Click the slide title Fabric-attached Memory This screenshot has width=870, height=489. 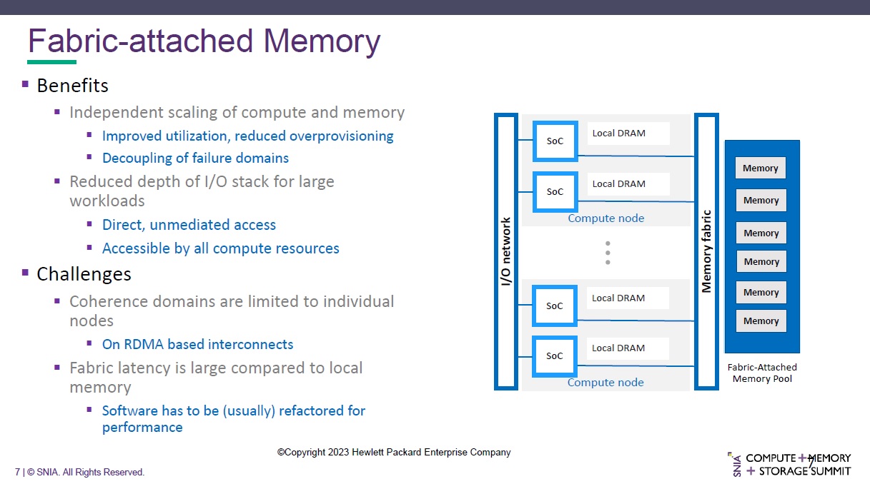pyautogui.click(x=204, y=41)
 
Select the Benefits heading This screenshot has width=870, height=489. pyautogui.click(x=72, y=86)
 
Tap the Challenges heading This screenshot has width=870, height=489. pyautogui.click(x=84, y=274)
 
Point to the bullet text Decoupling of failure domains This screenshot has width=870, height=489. pyautogui.click(x=195, y=158)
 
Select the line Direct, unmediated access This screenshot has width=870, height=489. pyautogui.click(x=189, y=225)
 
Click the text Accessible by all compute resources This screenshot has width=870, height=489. pyautogui.click(x=220, y=248)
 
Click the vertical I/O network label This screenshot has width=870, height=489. pyautogui.click(x=505, y=251)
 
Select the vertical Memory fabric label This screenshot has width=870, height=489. pyautogui.click(x=706, y=251)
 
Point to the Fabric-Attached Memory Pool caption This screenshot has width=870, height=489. pyautogui.click(x=762, y=373)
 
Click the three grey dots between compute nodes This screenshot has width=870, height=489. pyautogui.click(x=608, y=253)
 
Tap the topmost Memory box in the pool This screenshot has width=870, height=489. pyautogui.click(x=760, y=168)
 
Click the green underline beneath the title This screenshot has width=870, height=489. pyautogui.click(x=51, y=62)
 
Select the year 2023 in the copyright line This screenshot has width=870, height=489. pyautogui.click(x=339, y=452)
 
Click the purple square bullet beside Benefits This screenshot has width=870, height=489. pyautogui.click(x=25, y=84)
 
